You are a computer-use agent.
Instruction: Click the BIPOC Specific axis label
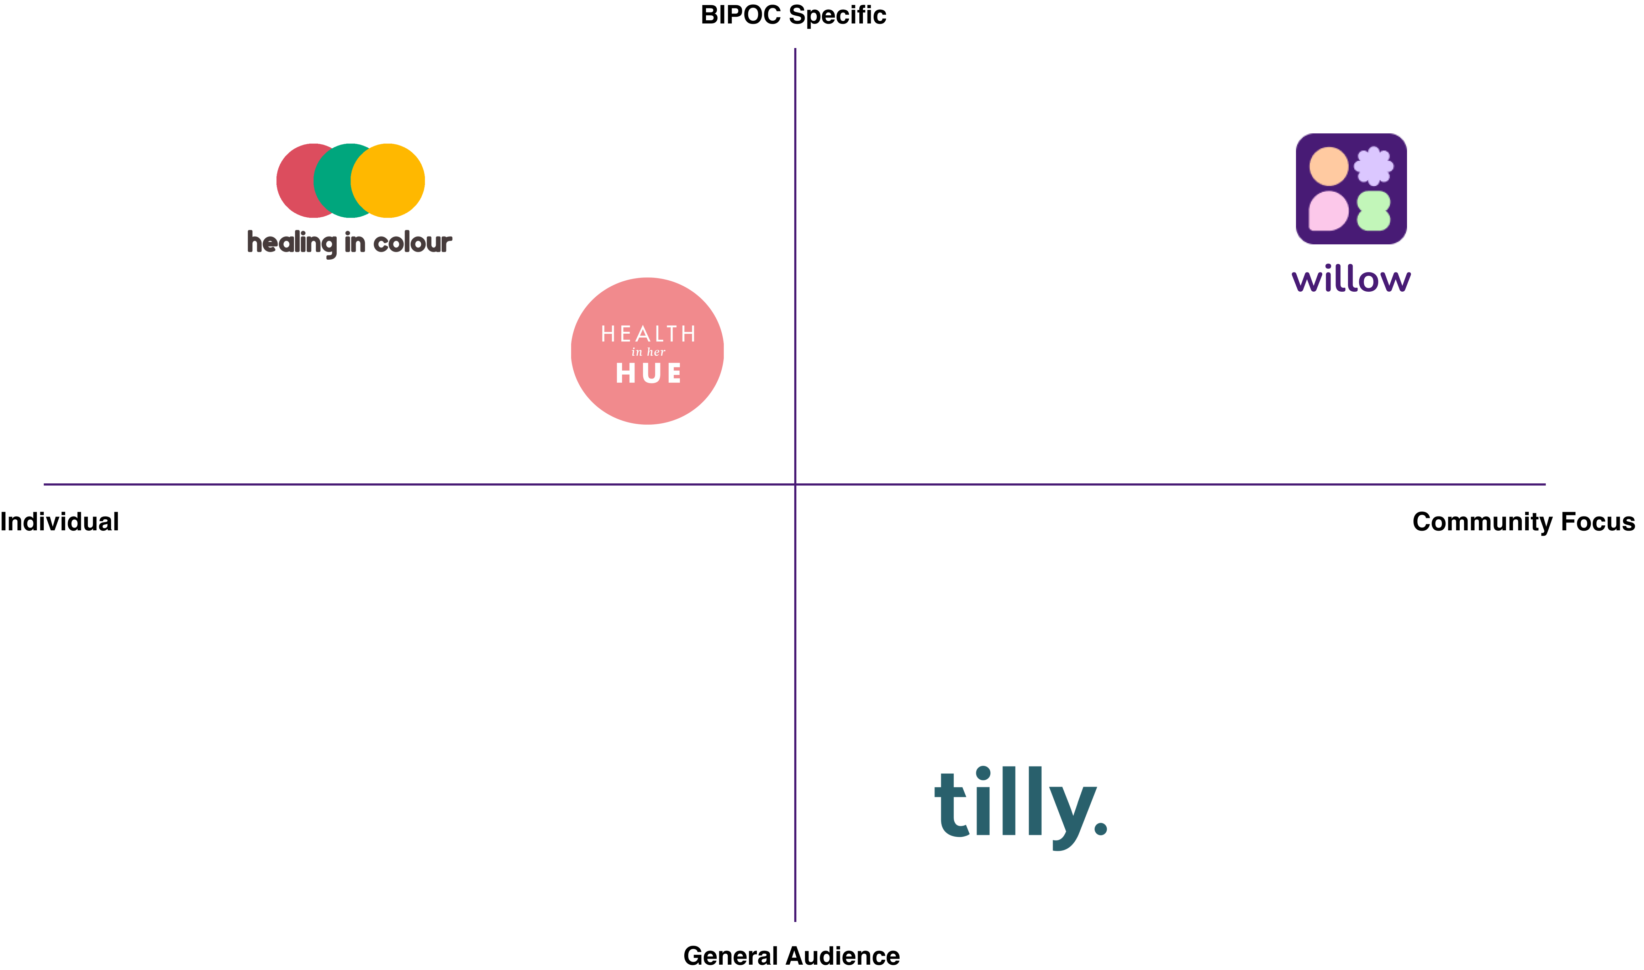(x=793, y=15)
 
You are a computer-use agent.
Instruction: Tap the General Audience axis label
(x=791, y=956)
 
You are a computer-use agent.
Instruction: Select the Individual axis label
(x=59, y=521)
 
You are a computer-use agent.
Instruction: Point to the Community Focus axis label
(x=1524, y=521)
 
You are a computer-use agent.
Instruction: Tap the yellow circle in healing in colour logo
(x=388, y=180)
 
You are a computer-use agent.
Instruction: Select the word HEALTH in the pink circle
(x=648, y=334)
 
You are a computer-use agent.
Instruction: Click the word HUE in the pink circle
(x=648, y=373)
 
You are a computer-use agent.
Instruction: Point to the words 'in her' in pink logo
(x=648, y=352)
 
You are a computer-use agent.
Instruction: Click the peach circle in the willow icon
(x=1329, y=166)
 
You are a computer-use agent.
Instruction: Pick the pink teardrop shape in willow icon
(x=1329, y=211)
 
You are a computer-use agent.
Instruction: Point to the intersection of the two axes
(x=795, y=484)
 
